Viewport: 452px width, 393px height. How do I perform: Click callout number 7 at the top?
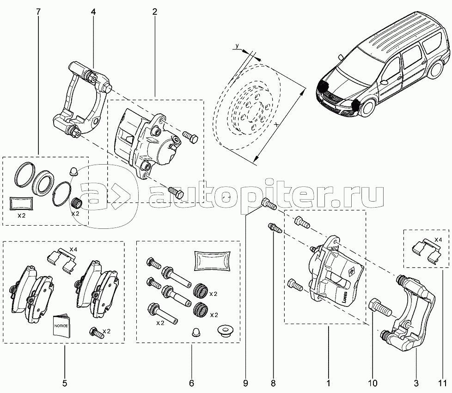(x=39, y=12)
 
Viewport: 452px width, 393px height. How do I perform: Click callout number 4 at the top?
(x=93, y=12)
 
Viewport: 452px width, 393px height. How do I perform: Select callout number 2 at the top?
(x=155, y=12)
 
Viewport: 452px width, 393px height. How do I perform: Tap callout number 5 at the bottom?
(x=65, y=383)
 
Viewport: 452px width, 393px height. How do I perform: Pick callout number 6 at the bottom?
(x=191, y=383)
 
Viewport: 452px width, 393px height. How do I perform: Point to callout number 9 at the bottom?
(x=245, y=383)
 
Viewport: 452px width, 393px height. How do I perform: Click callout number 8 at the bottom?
(x=273, y=383)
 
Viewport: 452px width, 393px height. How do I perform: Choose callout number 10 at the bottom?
(x=373, y=383)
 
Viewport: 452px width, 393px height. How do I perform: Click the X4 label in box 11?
(x=438, y=239)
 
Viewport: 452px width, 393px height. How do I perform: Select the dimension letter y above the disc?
(x=237, y=46)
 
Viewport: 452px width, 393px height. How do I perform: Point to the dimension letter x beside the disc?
(x=277, y=124)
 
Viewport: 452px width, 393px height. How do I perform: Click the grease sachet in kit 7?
(x=22, y=203)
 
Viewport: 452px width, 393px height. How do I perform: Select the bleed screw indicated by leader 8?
(x=275, y=227)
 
